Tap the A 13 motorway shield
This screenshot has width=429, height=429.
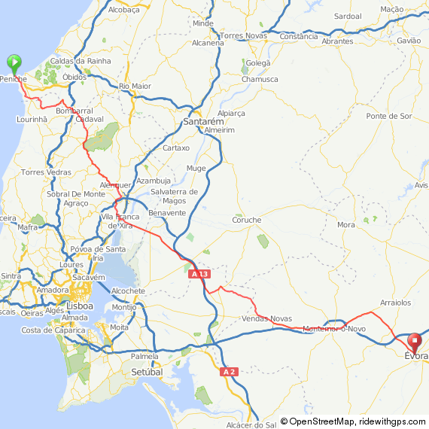pyautogui.click(x=199, y=274)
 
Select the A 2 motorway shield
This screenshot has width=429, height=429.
pyautogui.click(x=230, y=372)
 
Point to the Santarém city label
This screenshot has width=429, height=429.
pyautogui.click(x=203, y=121)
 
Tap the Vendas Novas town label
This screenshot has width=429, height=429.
pyautogui.click(x=266, y=319)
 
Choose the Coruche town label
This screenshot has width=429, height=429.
pyautogui.click(x=246, y=220)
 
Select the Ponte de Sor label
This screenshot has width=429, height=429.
pyautogui.click(x=388, y=116)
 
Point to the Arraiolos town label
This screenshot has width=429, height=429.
pyautogui.click(x=396, y=302)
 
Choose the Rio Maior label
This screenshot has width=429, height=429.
pyautogui.click(x=135, y=87)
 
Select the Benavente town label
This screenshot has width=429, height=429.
pyautogui.click(x=167, y=213)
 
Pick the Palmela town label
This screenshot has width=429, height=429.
pyautogui.click(x=145, y=356)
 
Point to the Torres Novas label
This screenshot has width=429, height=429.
pyautogui.click(x=243, y=35)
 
